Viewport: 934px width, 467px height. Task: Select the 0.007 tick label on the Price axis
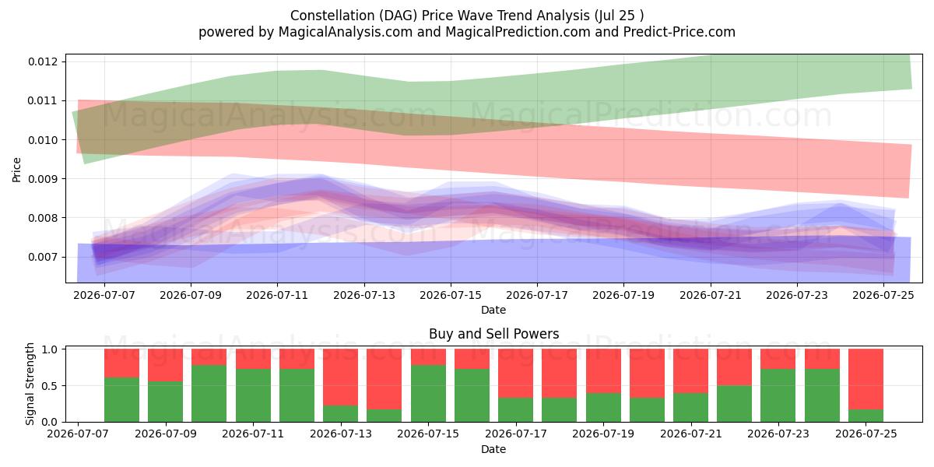pyautogui.click(x=41, y=257)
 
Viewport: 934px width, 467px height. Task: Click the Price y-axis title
pyautogui.click(x=16, y=170)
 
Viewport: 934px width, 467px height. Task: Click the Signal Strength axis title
pyautogui.click(x=30, y=384)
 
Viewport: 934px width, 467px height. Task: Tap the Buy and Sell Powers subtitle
pyautogui.click(x=493, y=334)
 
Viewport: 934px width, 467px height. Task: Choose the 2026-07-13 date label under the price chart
pyautogui.click(x=364, y=295)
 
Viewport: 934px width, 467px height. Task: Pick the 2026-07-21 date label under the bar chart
pyautogui.click(x=691, y=434)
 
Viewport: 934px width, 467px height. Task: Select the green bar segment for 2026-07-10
pyautogui.click(x=209, y=394)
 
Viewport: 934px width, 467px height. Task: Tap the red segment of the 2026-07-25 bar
pyautogui.click(x=866, y=379)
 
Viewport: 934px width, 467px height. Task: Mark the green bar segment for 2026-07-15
pyautogui.click(x=428, y=394)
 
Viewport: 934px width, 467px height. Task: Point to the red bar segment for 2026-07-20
pyautogui.click(x=647, y=374)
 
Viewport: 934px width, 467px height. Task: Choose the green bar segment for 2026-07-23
pyautogui.click(x=778, y=395)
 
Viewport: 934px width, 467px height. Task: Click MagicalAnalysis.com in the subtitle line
pyautogui.click(x=346, y=32)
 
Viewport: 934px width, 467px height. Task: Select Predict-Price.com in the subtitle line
pyautogui.click(x=679, y=32)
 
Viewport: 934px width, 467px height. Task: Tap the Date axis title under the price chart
pyautogui.click(x=493, y=310)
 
